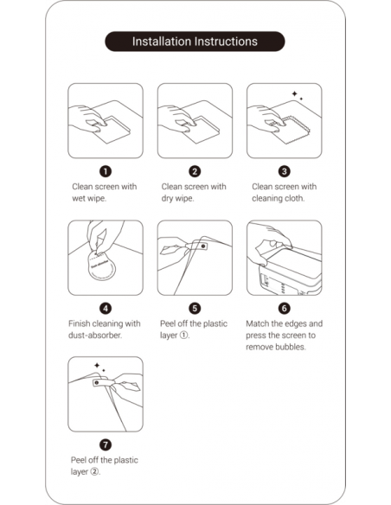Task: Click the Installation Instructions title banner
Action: [195, 42]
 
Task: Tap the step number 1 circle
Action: [106, 171]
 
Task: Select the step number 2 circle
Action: [195, 171]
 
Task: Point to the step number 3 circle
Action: [284, 171]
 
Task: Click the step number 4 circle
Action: [106, 308]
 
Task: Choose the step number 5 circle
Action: [195, 308]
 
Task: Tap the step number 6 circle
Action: [284, 308]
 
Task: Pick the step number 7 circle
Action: [106, 444]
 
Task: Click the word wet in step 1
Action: [79, 198]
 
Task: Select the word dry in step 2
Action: [168, 199]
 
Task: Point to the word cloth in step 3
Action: [294, 198]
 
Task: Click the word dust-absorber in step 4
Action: [95, 336]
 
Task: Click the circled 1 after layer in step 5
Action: [183, 336]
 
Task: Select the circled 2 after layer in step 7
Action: [94, 472]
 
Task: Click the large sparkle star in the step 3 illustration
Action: [294, 93]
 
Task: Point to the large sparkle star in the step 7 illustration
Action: [97, 365]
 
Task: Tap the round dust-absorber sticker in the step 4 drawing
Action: [101, 266]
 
